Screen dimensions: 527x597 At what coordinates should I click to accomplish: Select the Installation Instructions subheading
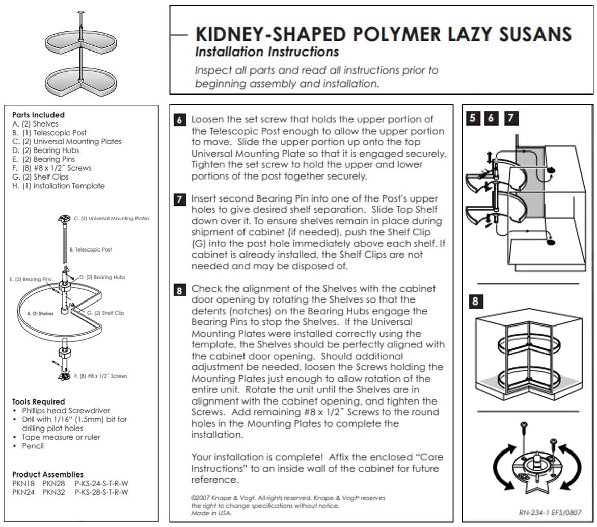click(267, 52)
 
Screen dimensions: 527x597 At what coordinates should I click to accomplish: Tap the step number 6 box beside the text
click(179, 120)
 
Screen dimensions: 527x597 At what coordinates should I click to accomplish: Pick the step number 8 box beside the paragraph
click(179, 290)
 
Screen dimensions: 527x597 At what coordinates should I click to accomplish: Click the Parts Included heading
click(38, 115)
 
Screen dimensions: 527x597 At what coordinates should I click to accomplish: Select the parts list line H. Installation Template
click(58, 186)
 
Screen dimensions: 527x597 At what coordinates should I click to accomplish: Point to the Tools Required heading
click(39, 401)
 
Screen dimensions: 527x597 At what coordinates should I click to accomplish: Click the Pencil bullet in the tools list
click(33, 446)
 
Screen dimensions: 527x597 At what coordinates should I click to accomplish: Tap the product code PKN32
click(53, 492)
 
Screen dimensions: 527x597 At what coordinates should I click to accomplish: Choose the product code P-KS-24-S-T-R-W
click(101, 483)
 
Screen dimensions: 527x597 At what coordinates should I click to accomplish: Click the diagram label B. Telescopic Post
click(90, 249)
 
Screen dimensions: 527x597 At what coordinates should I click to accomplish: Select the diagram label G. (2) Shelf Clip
click(105, 313)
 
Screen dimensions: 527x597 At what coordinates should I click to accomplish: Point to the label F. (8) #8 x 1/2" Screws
click(101, 376)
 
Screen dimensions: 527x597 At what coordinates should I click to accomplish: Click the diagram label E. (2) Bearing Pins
click(31, 279)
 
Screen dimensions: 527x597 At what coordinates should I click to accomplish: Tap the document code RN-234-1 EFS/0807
click(549, 512)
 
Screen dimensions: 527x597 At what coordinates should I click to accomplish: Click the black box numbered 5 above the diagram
click(473, 118)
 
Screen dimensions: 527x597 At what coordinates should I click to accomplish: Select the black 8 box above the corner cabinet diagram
click(475, 301)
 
